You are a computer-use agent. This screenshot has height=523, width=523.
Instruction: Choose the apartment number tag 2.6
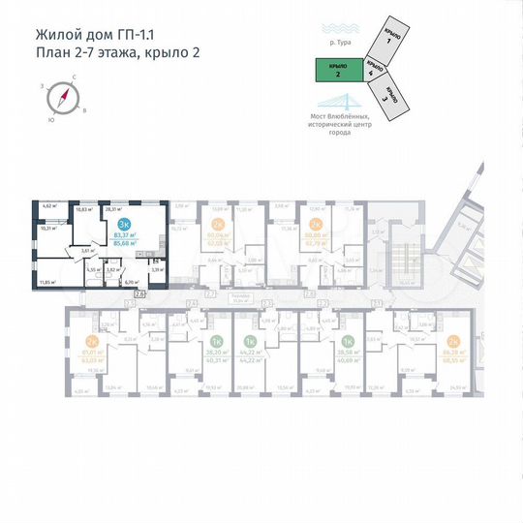[x=139, y=292]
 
